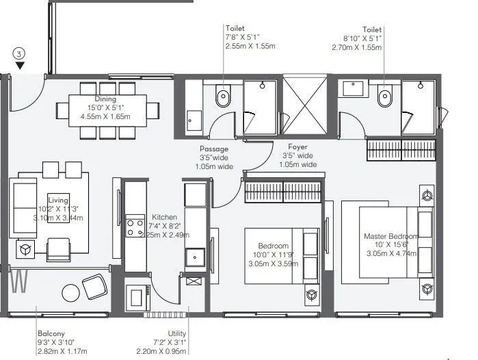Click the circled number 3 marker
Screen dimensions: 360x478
coord(21,53)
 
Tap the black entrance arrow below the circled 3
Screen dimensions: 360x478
coord(21,66)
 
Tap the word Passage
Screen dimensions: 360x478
coord(213,149)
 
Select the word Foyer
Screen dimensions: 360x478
coord(297,146)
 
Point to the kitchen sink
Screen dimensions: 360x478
coord(195,257)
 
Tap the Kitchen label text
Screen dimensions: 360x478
coord(165,216)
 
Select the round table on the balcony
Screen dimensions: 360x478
coord(71,293)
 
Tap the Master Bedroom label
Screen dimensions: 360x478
coord(390,236)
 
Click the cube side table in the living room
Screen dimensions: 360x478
coord(27,250)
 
